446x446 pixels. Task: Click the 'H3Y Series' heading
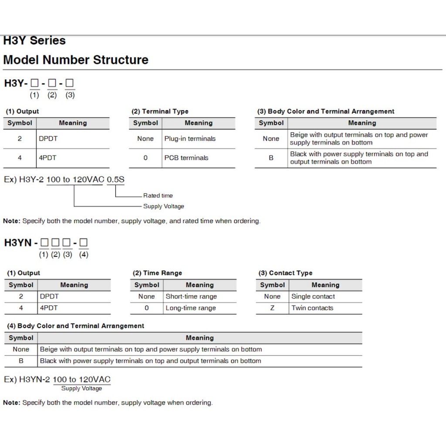34,41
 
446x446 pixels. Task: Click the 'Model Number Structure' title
76,60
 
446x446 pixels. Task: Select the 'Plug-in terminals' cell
190,139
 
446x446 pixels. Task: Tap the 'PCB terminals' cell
186,158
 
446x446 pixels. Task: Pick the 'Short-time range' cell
191,297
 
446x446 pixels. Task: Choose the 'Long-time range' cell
191,308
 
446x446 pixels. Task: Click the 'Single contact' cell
313,297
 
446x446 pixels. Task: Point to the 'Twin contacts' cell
312,308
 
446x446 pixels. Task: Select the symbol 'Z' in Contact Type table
272,308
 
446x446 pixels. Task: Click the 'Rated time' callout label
158,196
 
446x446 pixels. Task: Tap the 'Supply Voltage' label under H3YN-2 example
81,389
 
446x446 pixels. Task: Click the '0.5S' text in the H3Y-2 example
116,179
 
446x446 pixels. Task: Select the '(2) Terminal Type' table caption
160,111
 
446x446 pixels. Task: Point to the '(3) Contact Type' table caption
285,273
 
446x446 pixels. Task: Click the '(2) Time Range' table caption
157,273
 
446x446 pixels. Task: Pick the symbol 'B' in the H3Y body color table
271,158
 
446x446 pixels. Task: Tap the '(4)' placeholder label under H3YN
84,255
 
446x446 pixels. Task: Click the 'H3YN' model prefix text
18,243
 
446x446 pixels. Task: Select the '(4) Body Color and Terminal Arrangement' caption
75,326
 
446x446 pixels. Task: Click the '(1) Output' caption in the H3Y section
22,111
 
